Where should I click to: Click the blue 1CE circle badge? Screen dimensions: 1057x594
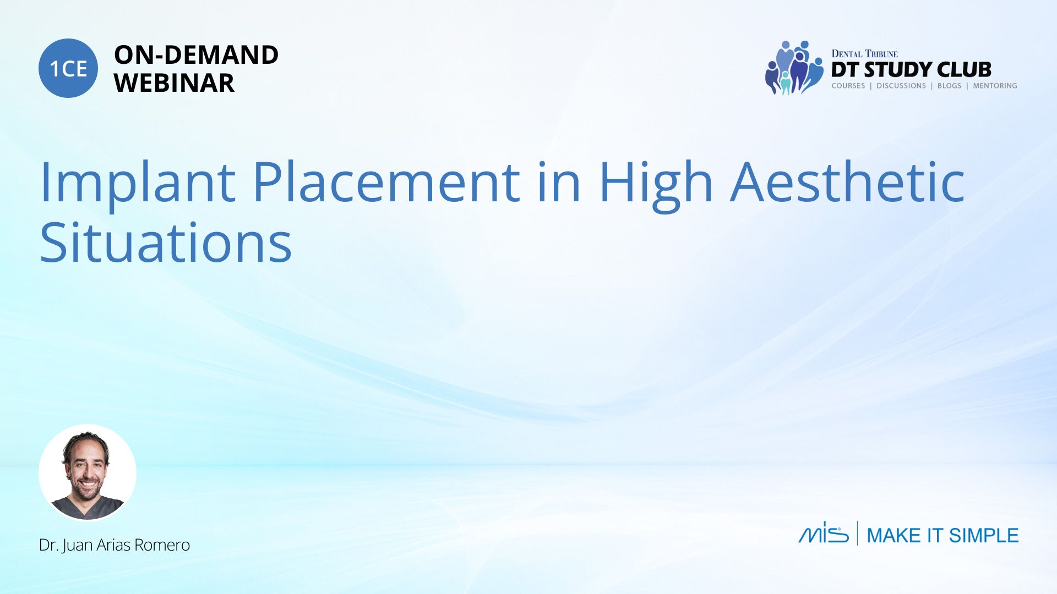(x=68, y=68)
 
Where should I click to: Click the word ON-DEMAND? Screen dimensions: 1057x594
(x=196, y=55)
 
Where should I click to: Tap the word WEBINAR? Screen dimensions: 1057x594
(x=174, y=83)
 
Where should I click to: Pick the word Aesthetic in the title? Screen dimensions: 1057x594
(x=847, y=181)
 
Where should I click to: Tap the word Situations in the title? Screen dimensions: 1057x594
(x=166, y=242)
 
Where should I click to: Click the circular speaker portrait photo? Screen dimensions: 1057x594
(x=88, y=472)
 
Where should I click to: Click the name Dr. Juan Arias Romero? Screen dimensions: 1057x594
(x=115, y=545)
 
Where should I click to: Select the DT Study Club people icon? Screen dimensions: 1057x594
(x=794, y=68)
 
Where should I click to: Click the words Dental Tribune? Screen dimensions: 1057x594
(x=864, y=53)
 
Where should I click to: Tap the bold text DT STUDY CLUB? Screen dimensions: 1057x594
(x=911, y=70)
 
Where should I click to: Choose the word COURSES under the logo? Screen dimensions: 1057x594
(x=848, y=86)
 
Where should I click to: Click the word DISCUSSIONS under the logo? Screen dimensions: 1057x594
(x=901, y=86)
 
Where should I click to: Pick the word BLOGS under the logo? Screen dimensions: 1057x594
(x=949, y=86)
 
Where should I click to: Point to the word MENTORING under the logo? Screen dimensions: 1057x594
(x=995, y=86)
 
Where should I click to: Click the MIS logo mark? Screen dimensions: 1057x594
(x=824, y=532)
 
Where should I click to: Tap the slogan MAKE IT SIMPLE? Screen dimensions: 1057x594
(x=942, y=535)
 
